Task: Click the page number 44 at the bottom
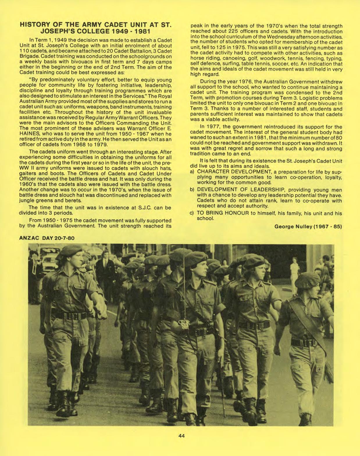[182, 435]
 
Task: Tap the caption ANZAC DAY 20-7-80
[47, 238]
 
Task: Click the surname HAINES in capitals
[29, 134]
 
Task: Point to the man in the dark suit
[102, 267]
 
